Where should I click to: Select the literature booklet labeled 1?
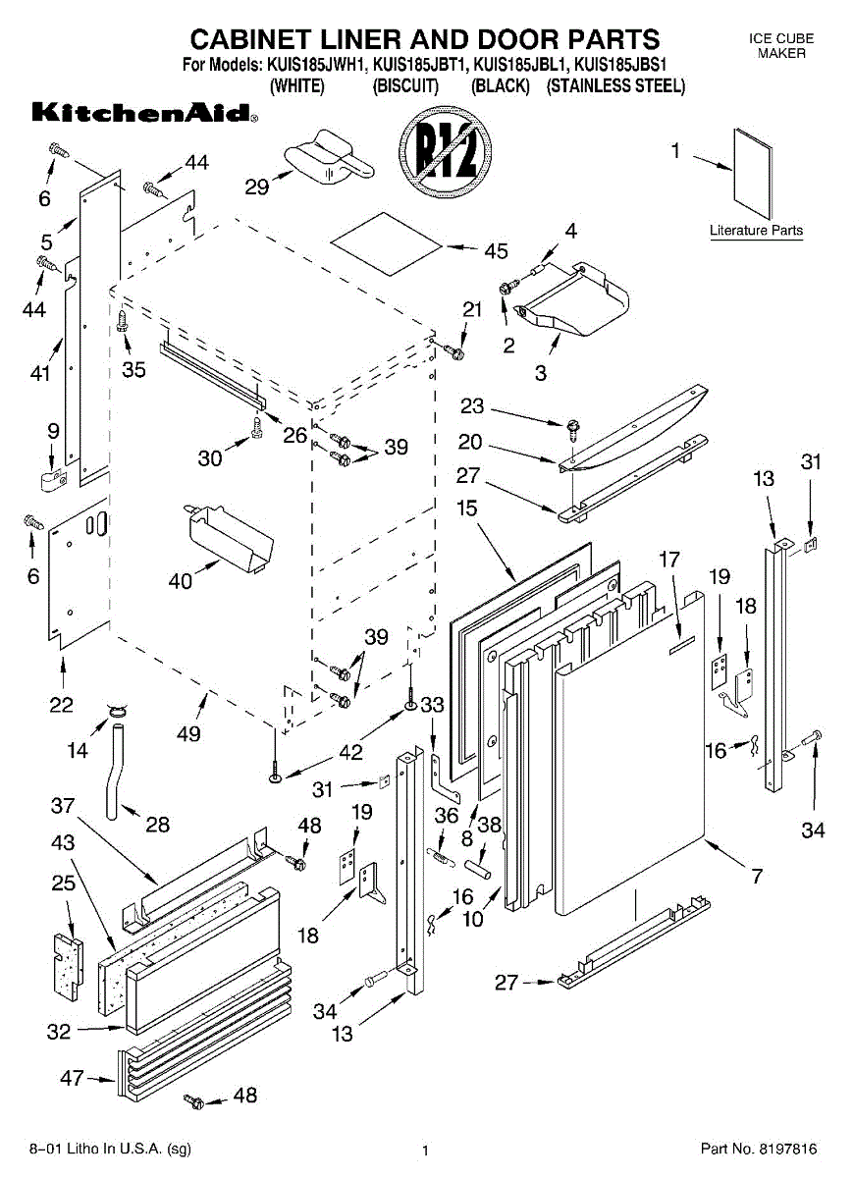(x=754, y=174)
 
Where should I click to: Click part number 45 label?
(x=497, y=251)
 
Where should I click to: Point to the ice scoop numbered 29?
(x=329, y=158)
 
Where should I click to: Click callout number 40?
(x=181, y=580)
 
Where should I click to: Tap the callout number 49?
(x=188, y=733)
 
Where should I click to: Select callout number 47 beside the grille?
(x=72, y=1078)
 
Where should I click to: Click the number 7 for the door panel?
(x=756, y=876)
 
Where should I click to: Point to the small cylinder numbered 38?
(x=478, y=870)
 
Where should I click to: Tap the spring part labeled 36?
(x=442, y=855)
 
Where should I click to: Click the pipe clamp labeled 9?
(x=54, y=481)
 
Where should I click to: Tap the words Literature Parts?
(x=756, y=230)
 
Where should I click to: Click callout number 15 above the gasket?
(x=467, y=509)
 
